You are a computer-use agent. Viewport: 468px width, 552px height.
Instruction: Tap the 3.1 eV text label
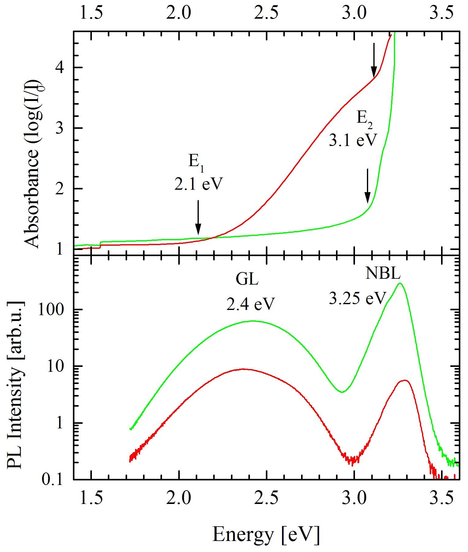point(352,140)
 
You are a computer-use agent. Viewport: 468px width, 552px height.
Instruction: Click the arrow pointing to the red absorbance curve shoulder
point(374,60)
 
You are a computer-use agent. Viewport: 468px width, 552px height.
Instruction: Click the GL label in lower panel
point(247,279)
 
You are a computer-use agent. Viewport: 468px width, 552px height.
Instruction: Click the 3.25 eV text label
point(357,298)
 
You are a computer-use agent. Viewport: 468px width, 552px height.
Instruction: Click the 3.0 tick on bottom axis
point(354,498)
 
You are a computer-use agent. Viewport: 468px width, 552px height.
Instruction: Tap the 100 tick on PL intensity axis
point(58,310)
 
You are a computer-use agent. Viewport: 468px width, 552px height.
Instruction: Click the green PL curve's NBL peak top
point(399,283)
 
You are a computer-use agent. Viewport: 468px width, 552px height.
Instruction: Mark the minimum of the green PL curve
point(343,392)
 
